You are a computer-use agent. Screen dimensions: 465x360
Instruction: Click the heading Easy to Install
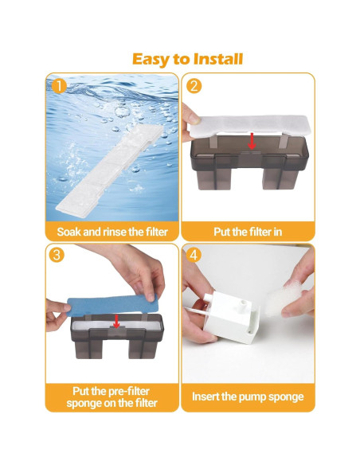[187, 59]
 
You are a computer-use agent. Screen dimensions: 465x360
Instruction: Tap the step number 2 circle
[193, 84]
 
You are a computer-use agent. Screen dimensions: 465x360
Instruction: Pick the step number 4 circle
[193, 256]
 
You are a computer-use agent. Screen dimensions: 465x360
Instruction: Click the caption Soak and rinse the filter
[112, 232]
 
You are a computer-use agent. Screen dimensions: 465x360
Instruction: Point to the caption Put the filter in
[248, 232]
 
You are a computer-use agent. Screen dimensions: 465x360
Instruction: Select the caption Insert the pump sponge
[248, 397]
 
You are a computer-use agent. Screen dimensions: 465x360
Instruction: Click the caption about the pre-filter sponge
[112, 397]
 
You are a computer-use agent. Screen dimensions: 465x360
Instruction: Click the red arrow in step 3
[116, 321]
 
